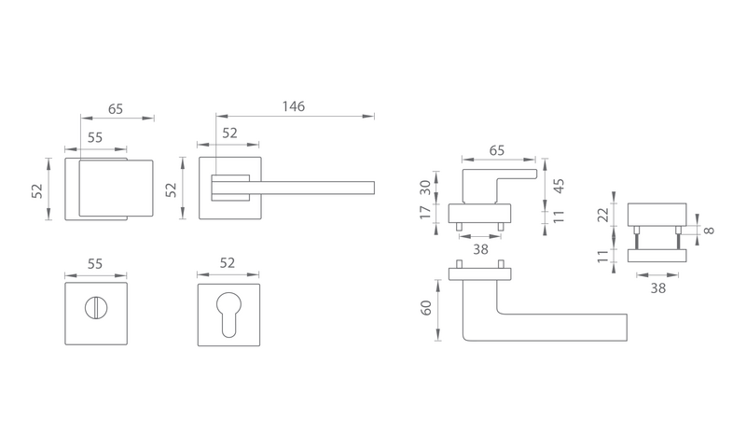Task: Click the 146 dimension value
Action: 294,106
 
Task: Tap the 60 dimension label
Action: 426,308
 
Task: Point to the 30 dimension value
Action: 425,187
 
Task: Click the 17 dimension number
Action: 425,212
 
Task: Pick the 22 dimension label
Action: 603,215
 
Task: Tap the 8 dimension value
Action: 709,231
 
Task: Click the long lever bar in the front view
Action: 311,188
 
